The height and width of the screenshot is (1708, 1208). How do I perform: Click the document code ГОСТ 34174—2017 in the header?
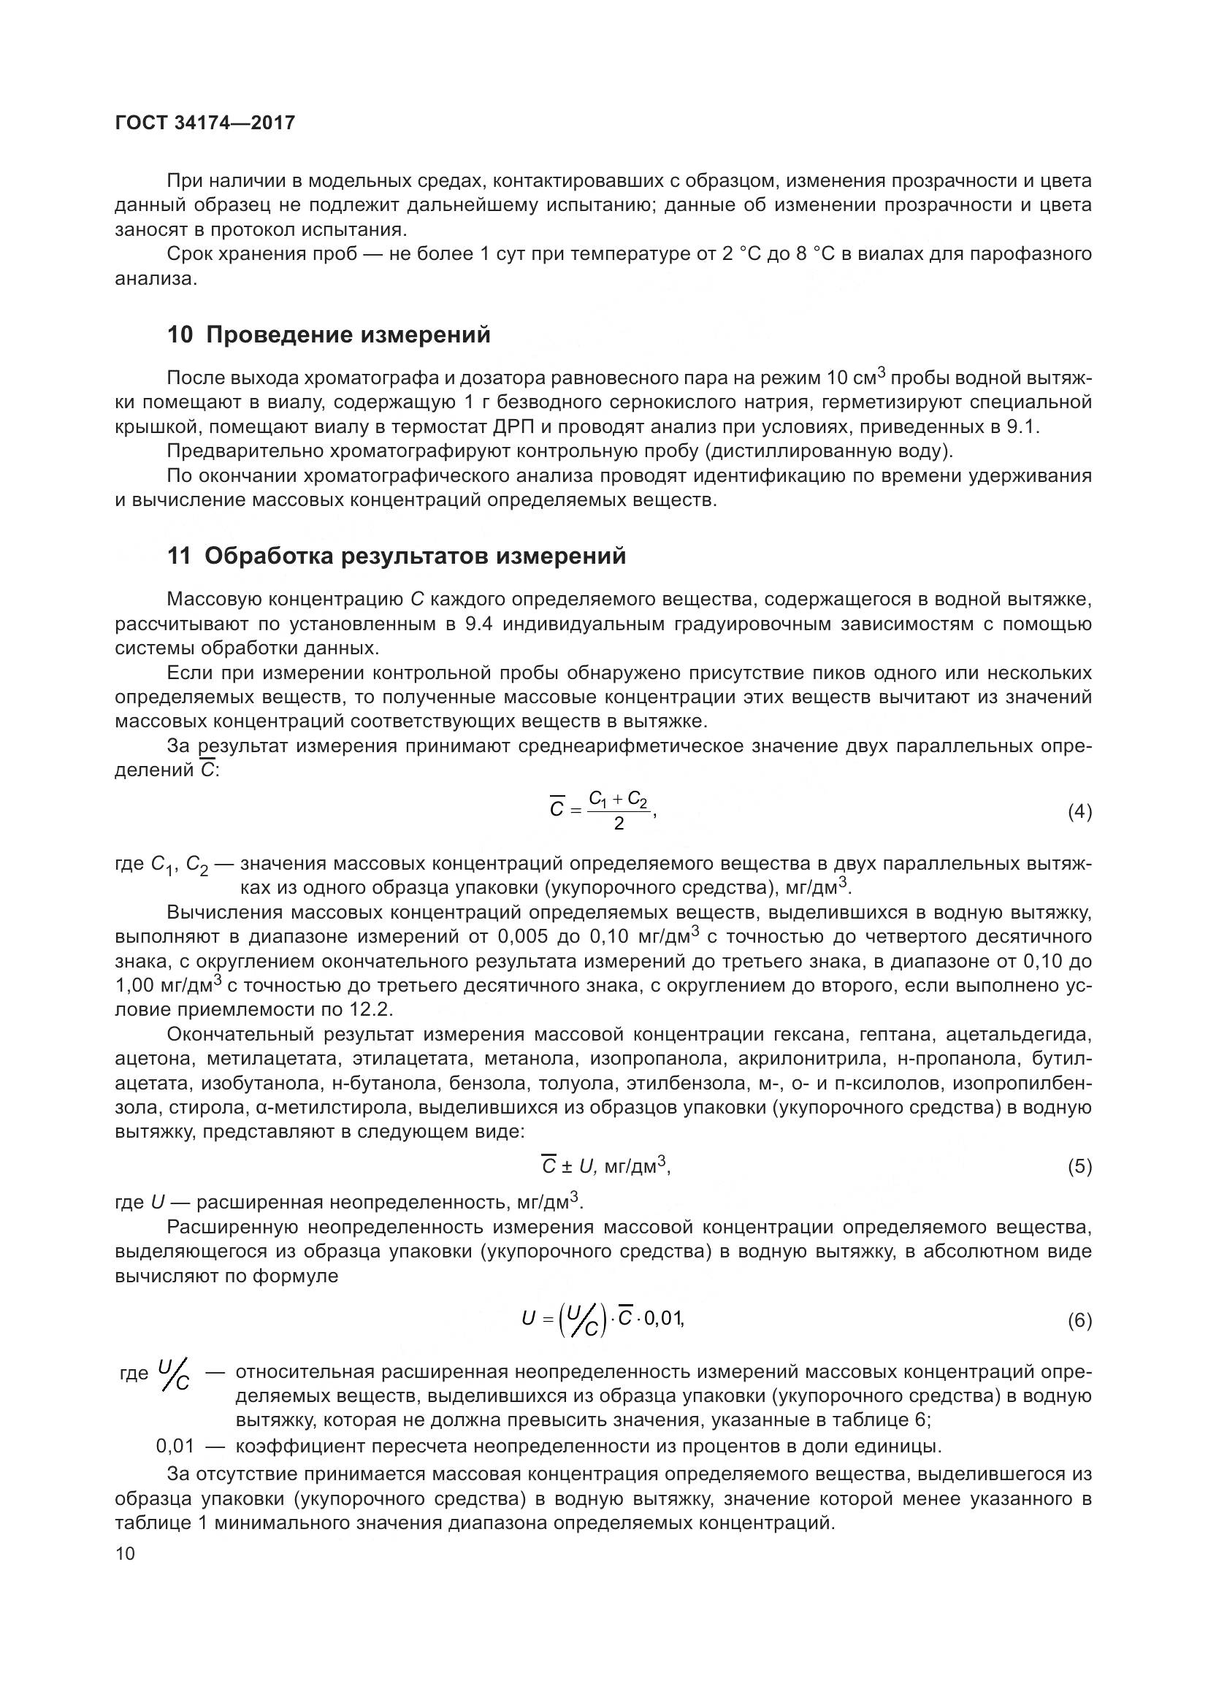[x=204, y=123]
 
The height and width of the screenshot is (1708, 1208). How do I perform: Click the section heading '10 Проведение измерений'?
[x=328, y=335]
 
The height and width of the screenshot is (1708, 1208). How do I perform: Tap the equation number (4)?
[x=1079, y=812]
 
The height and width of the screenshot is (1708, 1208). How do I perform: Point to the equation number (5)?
[x=1079, y=1166]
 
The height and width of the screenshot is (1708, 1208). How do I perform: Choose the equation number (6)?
[x=1079, y=1320]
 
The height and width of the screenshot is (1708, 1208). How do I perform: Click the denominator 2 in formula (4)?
[x=618, y=824]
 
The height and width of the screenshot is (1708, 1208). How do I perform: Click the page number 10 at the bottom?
[x=126, y=1553]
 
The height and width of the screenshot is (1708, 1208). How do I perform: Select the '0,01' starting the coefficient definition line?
[x=175, y=1446]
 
